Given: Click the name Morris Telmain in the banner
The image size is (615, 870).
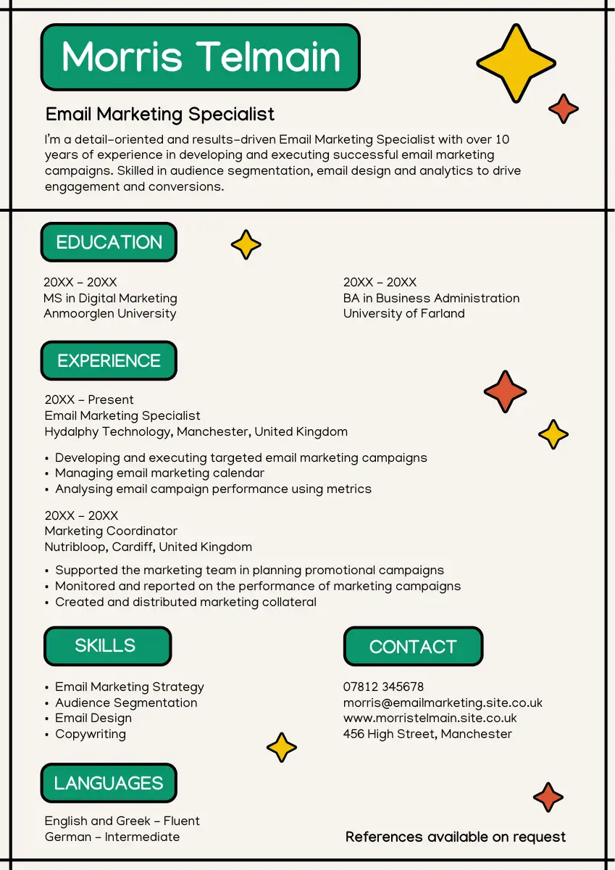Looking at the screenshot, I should pyautogui.click(x=201, y=57).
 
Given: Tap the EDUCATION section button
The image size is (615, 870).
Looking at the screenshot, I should pyautogui.click(x=109, y=242).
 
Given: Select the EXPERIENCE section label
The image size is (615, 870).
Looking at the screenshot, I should pyautogui.click(x=109, y=360).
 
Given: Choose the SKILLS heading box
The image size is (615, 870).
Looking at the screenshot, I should pyautogui.click(x=107, y=646).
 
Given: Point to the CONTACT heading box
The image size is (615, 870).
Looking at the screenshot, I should pyautogui.click(x=413, y=647).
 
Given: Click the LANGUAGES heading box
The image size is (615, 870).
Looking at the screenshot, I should pyautogui.click(x=109, y=783).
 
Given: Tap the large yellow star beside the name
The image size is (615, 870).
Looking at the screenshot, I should pyautogui.click(x=516, y=62).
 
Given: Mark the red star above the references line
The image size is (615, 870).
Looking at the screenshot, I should pyautogui.click(x=548, y=797).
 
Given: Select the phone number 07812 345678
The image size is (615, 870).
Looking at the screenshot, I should pyautogui.click(x=383, y=687).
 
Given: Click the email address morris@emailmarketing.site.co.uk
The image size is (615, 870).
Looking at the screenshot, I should pyautogui.click(x=443, y=703).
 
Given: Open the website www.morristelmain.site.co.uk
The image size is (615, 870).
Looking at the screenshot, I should pyautogui.click(x=430, y=718).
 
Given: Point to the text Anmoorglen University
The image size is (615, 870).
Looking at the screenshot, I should pyautogui.click(x=110, y=313).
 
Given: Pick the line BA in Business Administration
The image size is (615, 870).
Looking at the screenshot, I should pyautogui.click(x=431, y=298).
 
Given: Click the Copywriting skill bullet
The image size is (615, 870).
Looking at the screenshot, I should pyautogui.click(x=91, y=734).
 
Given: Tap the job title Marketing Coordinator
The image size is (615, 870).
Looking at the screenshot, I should pyautogui.click(x=111, y=531).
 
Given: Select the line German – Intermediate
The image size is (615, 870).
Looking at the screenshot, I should pyautogui.click(x=112, y=837).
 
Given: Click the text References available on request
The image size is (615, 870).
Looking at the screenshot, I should pyautogui.click(x=456, y=837).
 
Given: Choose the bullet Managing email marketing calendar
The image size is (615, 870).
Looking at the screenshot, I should pyautogui.click(x=159, y=473).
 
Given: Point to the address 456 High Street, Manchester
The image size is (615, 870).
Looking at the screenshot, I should pyautogui.click(x=427, y=734).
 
